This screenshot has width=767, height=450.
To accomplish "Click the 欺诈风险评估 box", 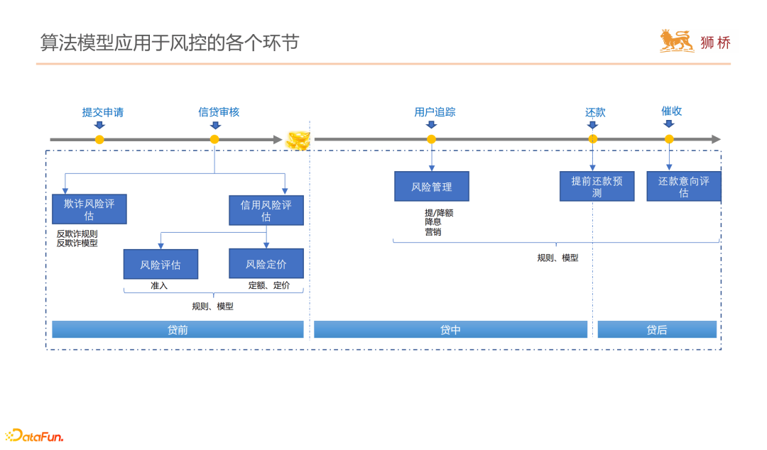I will [89, 209].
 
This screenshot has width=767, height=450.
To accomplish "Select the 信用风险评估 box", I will [266, 210].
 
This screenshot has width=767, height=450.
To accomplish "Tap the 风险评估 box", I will [160, 264].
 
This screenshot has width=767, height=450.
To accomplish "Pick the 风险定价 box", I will [266, 263].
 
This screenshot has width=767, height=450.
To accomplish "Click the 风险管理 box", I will [432, 187].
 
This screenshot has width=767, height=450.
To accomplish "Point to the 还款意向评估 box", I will [684, 187].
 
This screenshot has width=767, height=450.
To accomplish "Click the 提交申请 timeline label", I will [103, 112].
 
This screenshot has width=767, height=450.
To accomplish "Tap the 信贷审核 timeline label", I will [219, 112].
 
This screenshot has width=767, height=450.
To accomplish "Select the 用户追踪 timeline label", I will [435, 112].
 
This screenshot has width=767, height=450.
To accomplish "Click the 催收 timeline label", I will [671, 111].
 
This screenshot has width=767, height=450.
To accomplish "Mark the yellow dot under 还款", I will [593, 139].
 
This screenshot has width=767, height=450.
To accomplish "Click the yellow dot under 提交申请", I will [99, 140].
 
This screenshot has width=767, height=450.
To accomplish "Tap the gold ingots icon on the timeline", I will [298, 140].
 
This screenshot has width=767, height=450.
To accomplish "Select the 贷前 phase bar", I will [178, 329].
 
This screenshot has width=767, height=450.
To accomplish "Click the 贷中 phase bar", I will [450, 329].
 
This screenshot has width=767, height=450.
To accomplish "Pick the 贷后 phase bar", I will [657, 329].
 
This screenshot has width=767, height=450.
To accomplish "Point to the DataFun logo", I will [34, 435].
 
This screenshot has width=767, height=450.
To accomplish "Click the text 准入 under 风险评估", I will [158, 285].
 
